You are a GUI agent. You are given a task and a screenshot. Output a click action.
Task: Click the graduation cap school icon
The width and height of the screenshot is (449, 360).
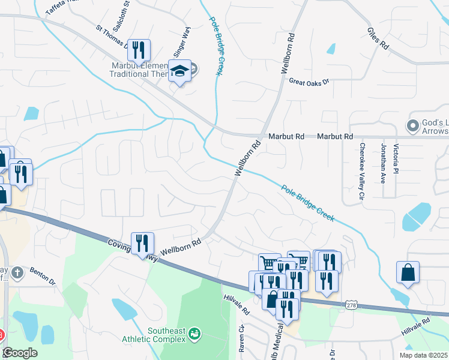tap(179, 71)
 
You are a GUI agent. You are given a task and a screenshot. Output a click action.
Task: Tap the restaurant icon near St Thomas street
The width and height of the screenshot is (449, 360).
tap(139, 50)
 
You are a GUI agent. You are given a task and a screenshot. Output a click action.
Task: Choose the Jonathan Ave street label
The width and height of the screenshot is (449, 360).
tap(382, 163)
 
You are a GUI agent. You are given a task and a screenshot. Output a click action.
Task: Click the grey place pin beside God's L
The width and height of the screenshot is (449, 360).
tap(412, 126)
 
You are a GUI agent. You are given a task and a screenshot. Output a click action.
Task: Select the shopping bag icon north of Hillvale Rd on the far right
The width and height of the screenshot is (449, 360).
tap(408, 272)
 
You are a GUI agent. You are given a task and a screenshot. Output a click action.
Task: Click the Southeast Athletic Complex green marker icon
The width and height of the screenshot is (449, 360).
tap(194, 332)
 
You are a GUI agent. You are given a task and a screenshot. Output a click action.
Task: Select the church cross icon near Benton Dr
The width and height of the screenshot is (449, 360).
tap(17, 272)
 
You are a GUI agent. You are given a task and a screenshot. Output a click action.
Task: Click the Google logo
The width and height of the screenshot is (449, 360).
tap(19, 352)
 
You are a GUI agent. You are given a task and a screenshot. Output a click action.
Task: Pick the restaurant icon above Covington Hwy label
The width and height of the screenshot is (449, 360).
tap(142, 243)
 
